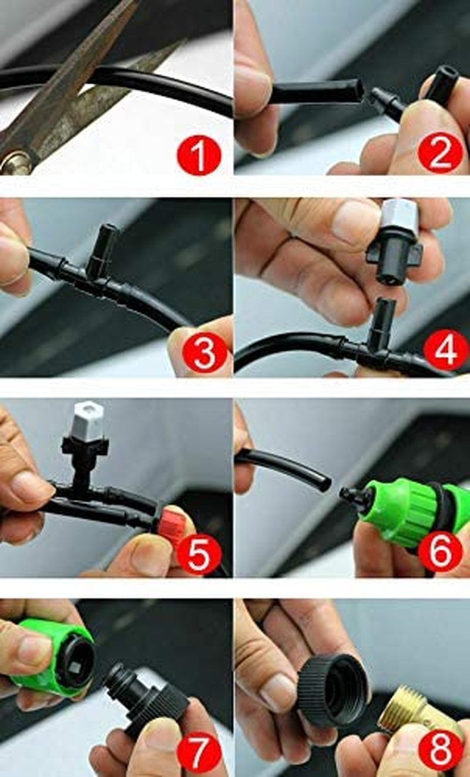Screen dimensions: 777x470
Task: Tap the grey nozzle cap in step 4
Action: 400,218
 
